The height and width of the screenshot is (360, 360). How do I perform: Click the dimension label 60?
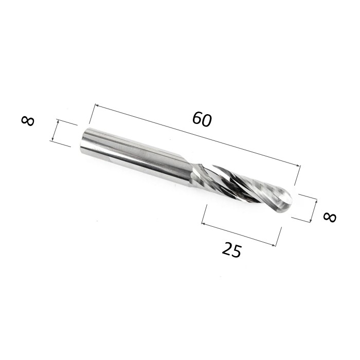pos(202,119)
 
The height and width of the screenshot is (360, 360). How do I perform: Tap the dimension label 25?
pos(232,249)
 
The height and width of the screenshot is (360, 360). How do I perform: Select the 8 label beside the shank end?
pos(28,121)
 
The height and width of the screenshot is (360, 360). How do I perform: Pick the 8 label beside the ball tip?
pos(330,217)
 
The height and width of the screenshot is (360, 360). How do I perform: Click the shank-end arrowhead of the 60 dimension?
pos(97,105)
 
